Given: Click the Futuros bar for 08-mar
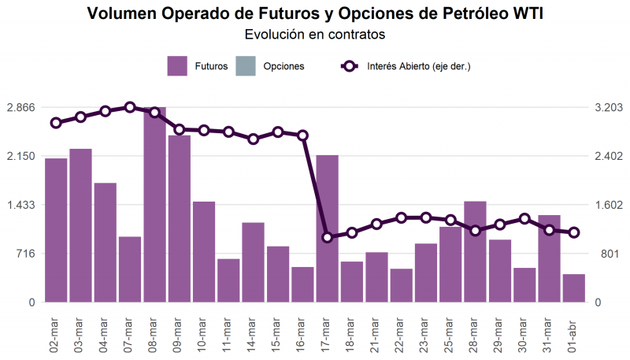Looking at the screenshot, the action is (154, 205).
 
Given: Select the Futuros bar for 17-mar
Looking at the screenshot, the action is (327, 228).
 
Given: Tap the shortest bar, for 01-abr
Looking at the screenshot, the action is (574, 288).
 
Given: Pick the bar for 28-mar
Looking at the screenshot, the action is (476, 251).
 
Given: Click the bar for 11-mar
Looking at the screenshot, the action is (228, 280).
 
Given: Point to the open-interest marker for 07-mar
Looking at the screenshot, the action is (130, 107).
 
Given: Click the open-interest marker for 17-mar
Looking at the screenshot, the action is (327, 237).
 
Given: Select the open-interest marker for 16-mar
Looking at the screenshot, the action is (302, 135).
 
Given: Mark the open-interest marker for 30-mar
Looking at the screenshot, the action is (524, 219).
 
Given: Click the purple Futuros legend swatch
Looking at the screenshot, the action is (177, 66).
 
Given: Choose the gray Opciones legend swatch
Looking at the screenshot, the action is (246, 66).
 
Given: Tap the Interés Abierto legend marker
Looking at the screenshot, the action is (350, 66).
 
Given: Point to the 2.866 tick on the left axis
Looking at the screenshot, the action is (21, 107).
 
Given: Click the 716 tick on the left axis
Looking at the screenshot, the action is (26, 254).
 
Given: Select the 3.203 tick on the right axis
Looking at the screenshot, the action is (609, 107).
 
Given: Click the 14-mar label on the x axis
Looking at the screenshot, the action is (251, 336).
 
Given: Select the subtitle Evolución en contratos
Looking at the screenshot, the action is (315, 34).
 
